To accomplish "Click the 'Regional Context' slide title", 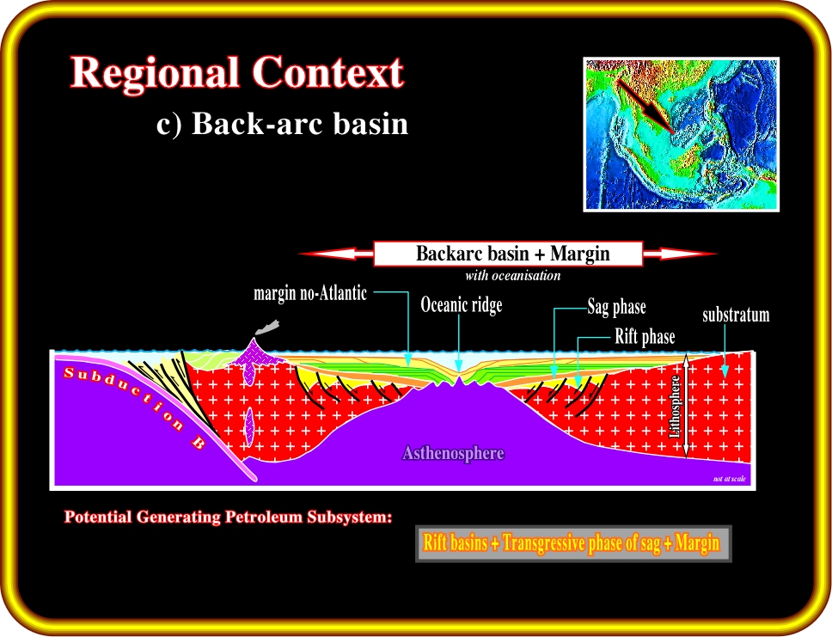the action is (x=237, y=73).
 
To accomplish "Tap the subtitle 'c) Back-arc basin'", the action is (x=282, y=124).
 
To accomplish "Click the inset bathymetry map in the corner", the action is (x=682, y=134).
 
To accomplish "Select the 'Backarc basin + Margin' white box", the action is (x=508, y=254).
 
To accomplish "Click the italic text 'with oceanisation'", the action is (x=513, y=275).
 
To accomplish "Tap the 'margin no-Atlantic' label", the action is (x=310, y=293).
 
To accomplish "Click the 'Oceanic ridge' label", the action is (x=461, y=304).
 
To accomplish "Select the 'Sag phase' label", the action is (x=616, y=307).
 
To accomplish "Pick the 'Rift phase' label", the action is (x=645, y=336).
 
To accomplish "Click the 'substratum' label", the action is (x=736, y=315).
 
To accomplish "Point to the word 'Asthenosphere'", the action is (x=453, y=453).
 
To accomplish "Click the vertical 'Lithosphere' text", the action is (x=675, y=406).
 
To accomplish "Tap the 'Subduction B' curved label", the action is (x=132, y=406).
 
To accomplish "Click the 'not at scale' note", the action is (x=730, y=479).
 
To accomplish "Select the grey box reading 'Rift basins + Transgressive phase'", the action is (x=573, y=543).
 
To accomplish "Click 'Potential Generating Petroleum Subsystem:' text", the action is (x=228, y=517).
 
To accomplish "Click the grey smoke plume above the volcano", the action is (x=267, y=327).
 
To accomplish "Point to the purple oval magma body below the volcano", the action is (x=249, y=426).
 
